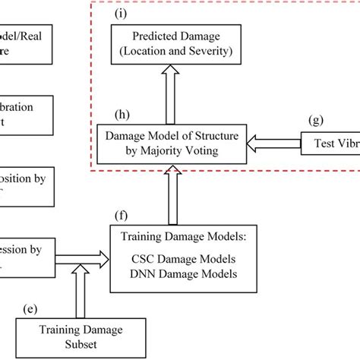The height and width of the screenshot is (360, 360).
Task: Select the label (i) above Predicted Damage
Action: tap(120, 13)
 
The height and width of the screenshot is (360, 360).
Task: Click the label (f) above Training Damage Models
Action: tap(119, 216)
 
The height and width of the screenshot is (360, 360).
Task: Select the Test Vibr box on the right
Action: tap(330, 144)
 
